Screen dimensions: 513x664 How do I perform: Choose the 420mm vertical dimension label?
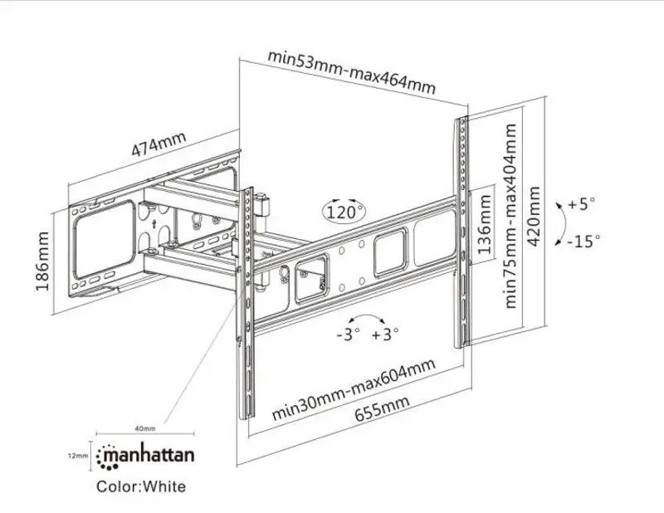tap(534, 219)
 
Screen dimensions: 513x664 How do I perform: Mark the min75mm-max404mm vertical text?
tap(510, 216)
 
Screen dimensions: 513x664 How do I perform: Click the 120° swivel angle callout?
tap(345, 211)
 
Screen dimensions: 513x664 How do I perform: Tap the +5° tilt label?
tap(583, 203)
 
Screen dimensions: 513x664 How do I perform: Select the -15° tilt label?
tap(583, 241)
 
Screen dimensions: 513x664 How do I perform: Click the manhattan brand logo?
tap(146, 455)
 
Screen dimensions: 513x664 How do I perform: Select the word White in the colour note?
tap(164, 486)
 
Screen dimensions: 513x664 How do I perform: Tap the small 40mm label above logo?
tap(144, 428)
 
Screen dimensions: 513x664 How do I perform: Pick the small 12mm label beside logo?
tap(77, 456)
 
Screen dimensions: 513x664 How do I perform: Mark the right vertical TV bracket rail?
tap(461, 232)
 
